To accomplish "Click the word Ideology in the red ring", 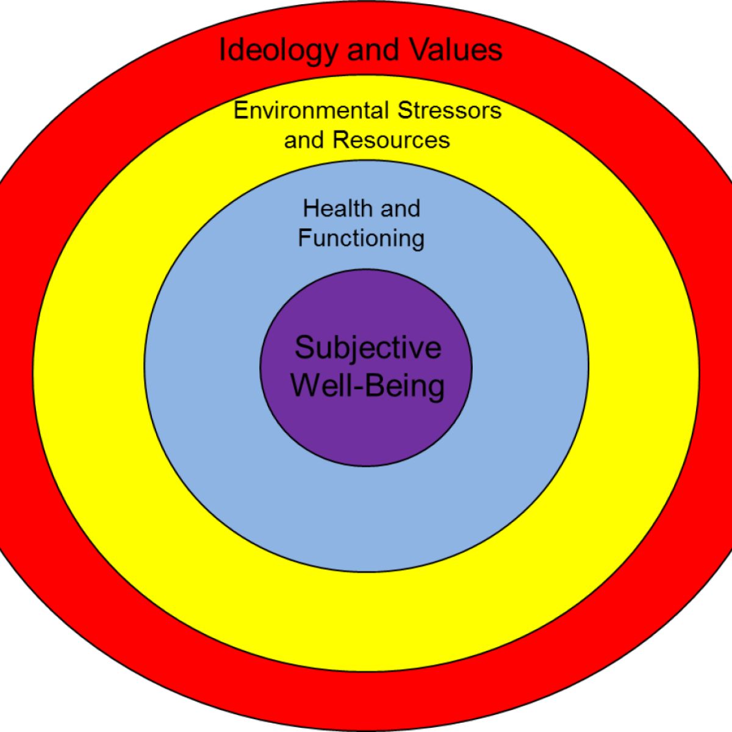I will tap(276, 50).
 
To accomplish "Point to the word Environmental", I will tap(310, 111).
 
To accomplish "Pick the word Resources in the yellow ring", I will tap(391, 140).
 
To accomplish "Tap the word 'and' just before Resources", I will tap(304, 140).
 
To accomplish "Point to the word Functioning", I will tap(361, 237).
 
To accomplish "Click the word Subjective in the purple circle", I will tap(368, 348).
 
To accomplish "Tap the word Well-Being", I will tap(368, 386).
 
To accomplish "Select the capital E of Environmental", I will tap(239, 111).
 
